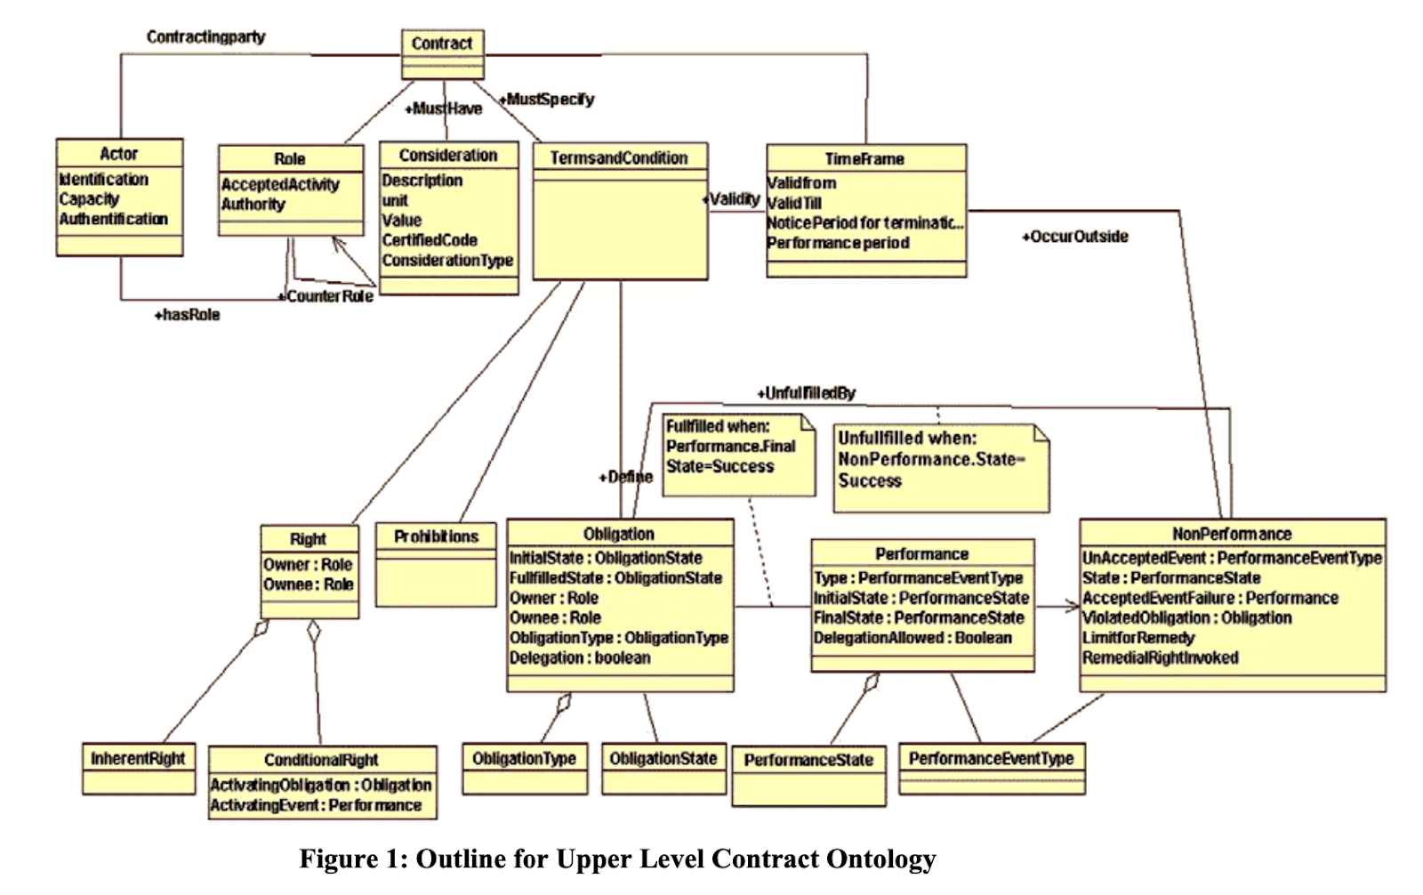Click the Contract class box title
pos(442,43)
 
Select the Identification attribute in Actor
pos(103,179)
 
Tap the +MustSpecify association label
pos(547,99)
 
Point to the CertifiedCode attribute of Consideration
pos(430,240)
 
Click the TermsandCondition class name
pos(619,157)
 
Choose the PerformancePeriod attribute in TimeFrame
pos(838,243)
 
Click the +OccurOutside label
pos(1074,237)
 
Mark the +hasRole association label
pos(187,315)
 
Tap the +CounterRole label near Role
pos(326,296)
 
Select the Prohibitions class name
pos(436,536)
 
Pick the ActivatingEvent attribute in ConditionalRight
pos(316,805)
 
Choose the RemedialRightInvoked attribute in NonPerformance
pos(1160,658)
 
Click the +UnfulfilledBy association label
pos(806,393)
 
